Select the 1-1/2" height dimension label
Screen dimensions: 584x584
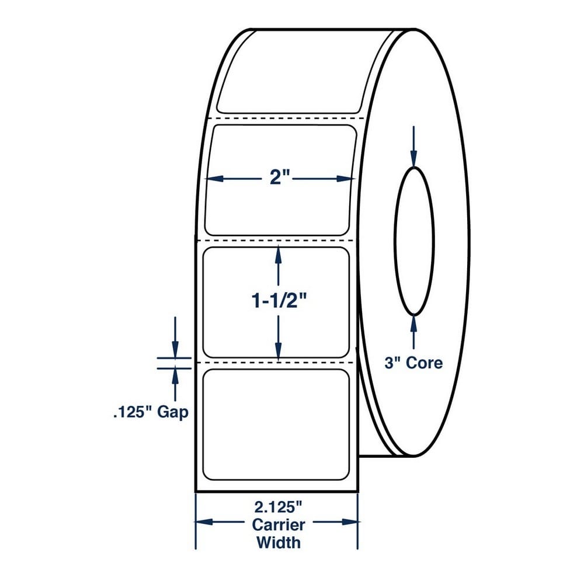point(279,301)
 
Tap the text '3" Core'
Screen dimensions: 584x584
point(413,363)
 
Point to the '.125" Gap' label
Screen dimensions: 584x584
point(151,412)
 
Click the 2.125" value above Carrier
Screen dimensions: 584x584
point(278,507)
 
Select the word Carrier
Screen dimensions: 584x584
point(278,525)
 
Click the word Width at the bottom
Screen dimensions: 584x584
point(278,543)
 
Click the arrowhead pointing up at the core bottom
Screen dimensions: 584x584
point(413,324)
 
